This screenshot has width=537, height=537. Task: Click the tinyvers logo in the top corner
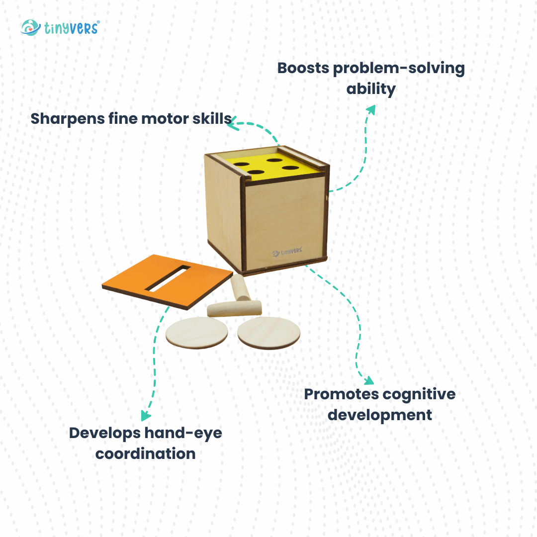click(60, 27)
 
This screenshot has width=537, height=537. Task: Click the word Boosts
click(303, 68)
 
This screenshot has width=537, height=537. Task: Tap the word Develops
click(104, 433)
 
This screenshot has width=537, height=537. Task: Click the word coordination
click(145, 453)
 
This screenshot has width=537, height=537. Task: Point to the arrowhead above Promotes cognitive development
click(368, 381)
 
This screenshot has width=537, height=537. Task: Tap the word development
click(380, 415)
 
